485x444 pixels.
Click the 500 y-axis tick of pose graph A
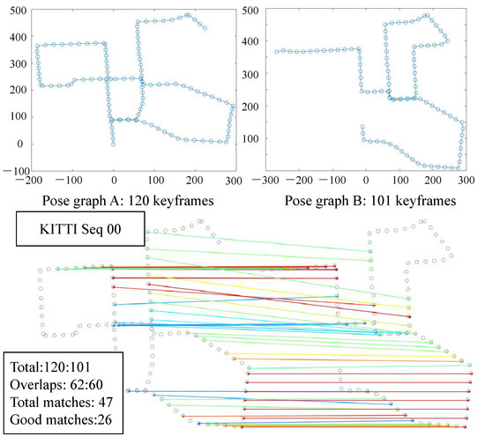[12, 12]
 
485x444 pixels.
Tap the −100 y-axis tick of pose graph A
[10, 168]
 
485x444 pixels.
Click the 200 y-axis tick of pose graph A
[12, 91]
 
